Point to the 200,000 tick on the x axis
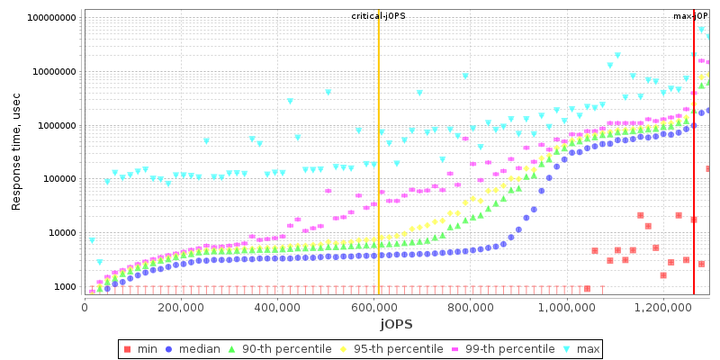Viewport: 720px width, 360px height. [180, 307]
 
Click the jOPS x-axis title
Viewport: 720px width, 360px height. [396, 323]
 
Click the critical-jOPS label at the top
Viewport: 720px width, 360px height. [378, 16]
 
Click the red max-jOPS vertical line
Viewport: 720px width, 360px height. [694, 180]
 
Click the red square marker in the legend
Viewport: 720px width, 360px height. [128, 349]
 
